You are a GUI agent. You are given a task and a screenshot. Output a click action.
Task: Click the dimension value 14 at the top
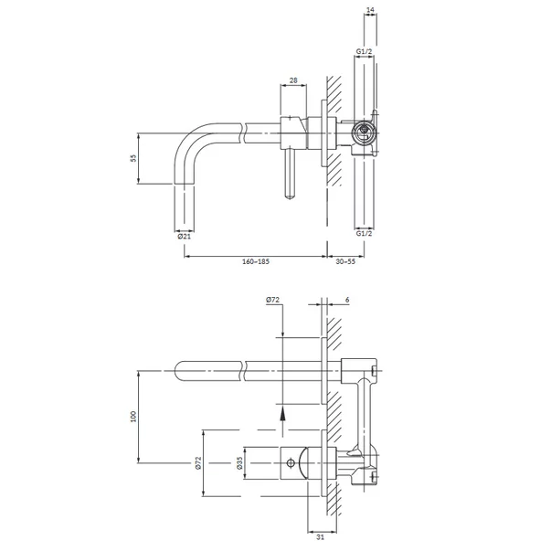pyautogui.click(x=370, y=10)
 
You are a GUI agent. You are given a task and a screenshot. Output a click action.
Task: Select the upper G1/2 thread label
pyautogui.click(x=364, y=51)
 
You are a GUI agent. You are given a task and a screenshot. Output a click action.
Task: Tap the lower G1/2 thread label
pyautogui.click(x=364, y=233)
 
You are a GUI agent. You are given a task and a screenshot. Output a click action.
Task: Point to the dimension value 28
pyautogui.click(x=293, y=80)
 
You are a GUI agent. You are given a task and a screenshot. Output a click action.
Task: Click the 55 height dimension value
pyautogui.click(x=132, y=158)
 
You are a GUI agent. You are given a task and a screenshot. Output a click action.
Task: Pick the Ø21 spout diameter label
pyautogui.click(x=185, y=236)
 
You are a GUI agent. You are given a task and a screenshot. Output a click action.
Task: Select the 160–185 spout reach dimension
pyautogui.click(x=256, y=261)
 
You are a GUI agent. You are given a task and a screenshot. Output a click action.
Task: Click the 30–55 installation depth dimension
pyautogui.click(x=345, y=261)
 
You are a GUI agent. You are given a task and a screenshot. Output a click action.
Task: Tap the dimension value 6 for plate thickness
pyautogui.click(x=347, y=300)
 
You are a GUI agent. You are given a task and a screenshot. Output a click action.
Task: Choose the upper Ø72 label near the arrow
pyautogui.click(x=272, y=300)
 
